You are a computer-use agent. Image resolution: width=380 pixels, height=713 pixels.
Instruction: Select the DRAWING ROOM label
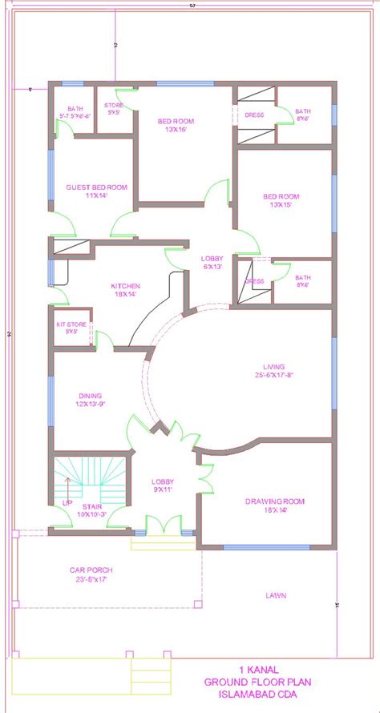[275, 502]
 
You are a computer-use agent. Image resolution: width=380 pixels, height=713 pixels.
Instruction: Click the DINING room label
[91, 394]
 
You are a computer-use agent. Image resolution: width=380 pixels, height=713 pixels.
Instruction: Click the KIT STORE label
[71, 324]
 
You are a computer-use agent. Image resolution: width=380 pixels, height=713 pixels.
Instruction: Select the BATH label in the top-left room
[75, 108]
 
